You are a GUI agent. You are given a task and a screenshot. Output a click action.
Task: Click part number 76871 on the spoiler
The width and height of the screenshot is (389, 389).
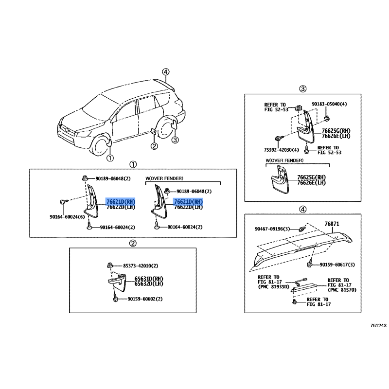point(332,224)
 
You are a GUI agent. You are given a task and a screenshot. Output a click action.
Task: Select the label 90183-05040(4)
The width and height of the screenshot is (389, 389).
point(329,104)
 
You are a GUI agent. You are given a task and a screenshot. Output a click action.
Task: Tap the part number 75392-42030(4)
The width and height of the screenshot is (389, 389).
point(282,150)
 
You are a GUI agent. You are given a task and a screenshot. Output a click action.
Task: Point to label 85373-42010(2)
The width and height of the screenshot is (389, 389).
point(141,265)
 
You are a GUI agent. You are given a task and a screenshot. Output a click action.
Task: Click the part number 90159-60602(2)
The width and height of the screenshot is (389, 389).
point(145,299)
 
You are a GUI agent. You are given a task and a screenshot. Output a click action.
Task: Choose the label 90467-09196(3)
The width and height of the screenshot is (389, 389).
point(272,229)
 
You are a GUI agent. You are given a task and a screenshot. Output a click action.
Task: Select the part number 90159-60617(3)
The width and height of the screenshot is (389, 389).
point(337,265)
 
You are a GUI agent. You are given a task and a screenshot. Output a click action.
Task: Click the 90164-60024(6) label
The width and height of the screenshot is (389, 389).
point(67,217)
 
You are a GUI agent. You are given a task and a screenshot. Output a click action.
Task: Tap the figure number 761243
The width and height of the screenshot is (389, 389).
point(378,325)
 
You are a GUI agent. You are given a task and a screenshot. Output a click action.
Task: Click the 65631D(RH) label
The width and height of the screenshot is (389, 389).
point(149,279)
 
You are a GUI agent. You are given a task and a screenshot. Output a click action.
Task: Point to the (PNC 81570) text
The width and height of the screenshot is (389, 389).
point(342,290)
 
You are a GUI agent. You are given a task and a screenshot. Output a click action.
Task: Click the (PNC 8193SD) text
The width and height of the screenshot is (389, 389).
point(273,287)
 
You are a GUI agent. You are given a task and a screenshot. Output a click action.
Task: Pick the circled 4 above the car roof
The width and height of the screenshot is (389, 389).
point(166,72)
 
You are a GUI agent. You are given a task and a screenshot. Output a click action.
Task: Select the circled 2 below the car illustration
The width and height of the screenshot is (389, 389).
point(154,146)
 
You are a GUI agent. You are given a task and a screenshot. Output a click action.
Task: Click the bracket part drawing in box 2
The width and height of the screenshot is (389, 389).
point(117,282)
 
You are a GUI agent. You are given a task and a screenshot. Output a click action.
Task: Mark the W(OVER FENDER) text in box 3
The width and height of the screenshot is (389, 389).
point(284,160)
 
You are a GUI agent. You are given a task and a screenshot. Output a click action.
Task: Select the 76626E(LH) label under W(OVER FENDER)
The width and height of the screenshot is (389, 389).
point(311,183)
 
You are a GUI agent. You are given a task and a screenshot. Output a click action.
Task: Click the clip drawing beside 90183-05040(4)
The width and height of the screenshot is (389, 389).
point(327,118)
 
